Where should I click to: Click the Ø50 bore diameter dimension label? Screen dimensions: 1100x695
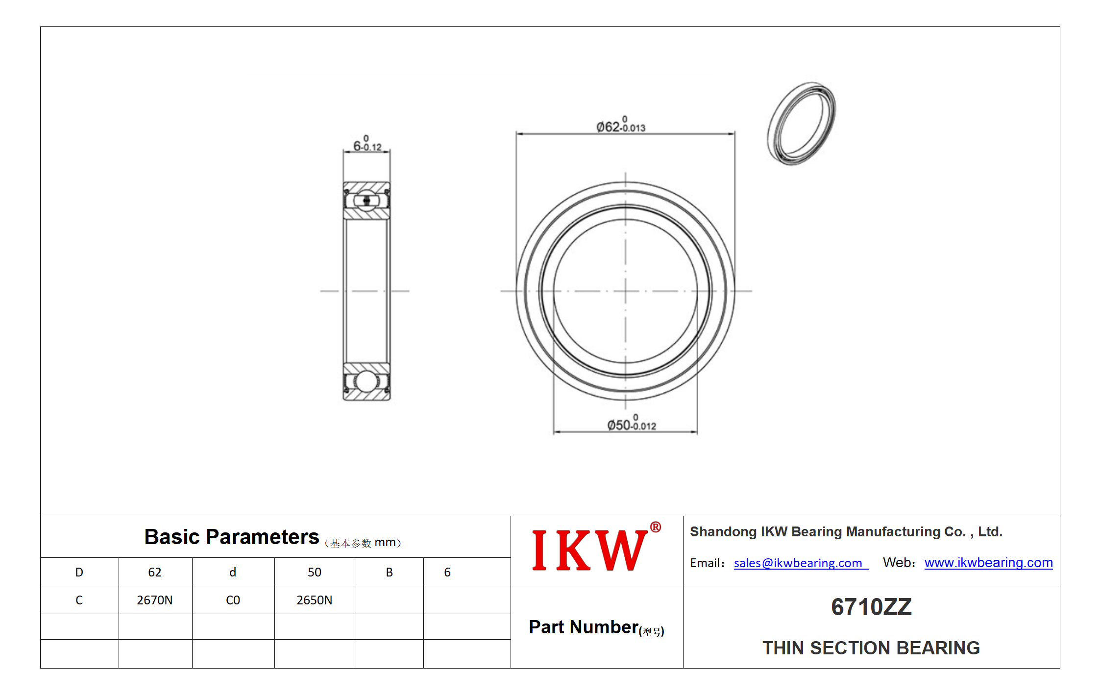(x=632, y=423)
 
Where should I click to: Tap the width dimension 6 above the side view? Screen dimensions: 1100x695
(x=367, y=144)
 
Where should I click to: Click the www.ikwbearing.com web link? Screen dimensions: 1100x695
(x=988, y=562)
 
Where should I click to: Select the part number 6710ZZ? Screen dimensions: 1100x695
(x=871, y=607)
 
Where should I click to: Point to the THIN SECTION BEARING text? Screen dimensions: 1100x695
(x=871, y=647)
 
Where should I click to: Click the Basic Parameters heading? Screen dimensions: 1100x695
(x=231, y=537)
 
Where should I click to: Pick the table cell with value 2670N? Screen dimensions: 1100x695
(x=155, y=600)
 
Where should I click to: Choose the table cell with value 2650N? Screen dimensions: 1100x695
(x=315, y=600)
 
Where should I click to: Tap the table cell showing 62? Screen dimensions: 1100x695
(x=155, y=572)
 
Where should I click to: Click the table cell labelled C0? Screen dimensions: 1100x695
(x=233, y=600)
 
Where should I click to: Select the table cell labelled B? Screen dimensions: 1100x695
(x=390, y=572)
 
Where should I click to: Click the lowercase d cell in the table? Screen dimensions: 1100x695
(x=233, y=572)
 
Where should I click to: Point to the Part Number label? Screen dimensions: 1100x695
(x=596, y=627)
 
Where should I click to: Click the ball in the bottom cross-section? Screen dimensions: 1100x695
(x=366, y=382)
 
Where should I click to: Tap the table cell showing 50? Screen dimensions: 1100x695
(x=315, y=572)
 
